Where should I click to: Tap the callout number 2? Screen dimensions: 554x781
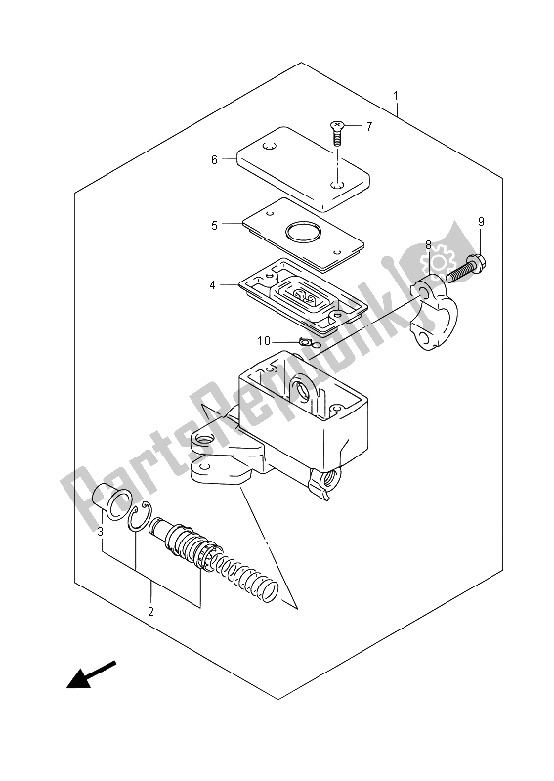tap(150, 611)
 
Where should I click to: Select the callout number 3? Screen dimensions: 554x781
tap(100, 532)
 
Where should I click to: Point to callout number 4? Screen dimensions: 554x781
tap(213, 284)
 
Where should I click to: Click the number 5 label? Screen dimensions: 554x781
tap(214, 225)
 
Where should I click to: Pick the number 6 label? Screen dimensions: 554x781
tap(214, 160)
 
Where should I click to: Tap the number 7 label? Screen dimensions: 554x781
tap(368, 126)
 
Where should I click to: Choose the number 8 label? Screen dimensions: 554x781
tap(428, 244)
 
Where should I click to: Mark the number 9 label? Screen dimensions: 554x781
tap(481, 222)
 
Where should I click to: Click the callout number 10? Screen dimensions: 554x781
tap(264, 341)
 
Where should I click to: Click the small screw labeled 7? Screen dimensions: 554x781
tap(337, 132)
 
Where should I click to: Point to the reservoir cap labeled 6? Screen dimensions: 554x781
tap(303, 168)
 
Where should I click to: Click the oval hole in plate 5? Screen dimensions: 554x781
tap(302, 232)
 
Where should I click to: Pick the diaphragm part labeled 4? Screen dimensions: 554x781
tap(303, 296)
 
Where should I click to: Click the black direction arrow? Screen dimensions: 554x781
tap(91, 674)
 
